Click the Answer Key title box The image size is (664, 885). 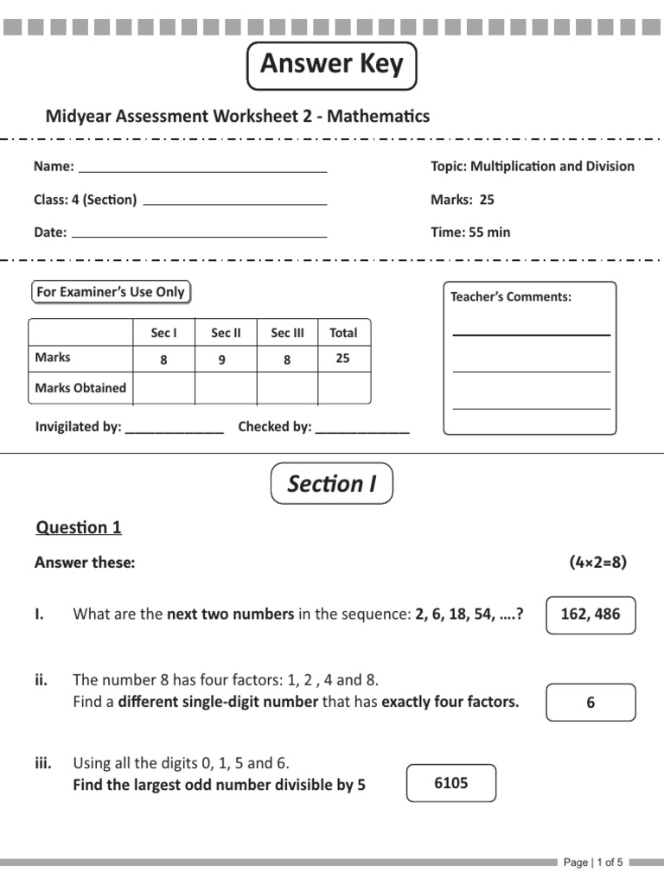332,65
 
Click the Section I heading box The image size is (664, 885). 332,483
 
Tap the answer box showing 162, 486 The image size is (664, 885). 591,615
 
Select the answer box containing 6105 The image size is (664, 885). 450,783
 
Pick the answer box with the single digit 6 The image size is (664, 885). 591,703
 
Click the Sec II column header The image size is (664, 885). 226,333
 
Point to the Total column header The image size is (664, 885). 343,333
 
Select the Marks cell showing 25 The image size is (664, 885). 343,359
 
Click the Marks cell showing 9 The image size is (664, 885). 222,360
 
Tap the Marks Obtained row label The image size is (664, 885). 80,388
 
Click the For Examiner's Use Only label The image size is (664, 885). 111,292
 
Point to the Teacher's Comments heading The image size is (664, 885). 511,297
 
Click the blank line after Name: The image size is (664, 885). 202,170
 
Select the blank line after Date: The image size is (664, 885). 199,235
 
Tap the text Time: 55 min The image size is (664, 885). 470,232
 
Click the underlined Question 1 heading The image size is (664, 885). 78,528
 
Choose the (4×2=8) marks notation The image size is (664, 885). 597,563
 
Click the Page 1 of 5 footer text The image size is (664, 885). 593,862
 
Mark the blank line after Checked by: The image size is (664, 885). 362,430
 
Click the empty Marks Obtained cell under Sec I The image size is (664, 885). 164,389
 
